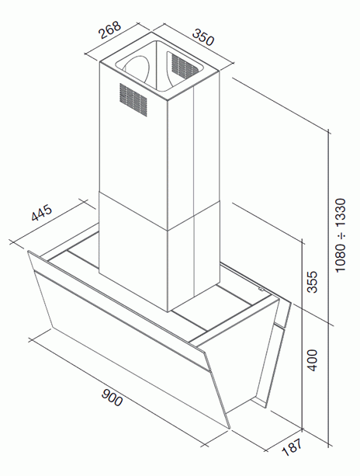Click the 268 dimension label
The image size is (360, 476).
point(110,30)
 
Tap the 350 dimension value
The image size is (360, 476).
point(203,37)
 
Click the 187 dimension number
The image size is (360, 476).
point(292,446)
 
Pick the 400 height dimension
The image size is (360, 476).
point(312,360)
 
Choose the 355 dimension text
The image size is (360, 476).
point(312,282)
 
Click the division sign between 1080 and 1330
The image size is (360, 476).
point(341,235)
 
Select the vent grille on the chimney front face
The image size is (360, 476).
point(133,99)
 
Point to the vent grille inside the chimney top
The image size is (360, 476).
point(185,65)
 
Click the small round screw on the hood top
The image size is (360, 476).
point(261,290)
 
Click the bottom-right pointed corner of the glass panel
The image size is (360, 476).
point(230,429)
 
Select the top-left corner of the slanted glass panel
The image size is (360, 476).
point(28,251)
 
